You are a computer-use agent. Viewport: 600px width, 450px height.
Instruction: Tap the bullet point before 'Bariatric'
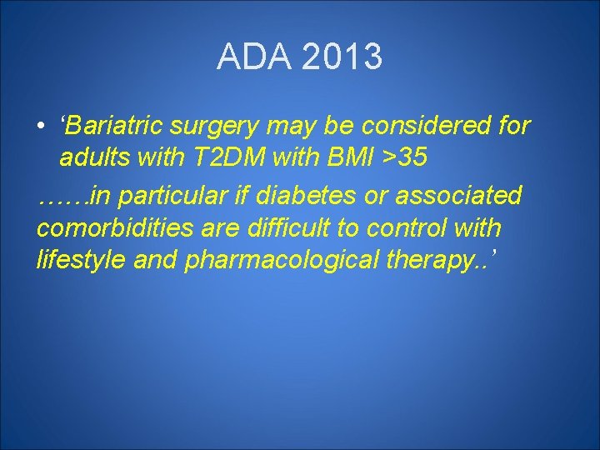(41, 127)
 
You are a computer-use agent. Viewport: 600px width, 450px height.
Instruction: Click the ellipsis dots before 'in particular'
(63, 197)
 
